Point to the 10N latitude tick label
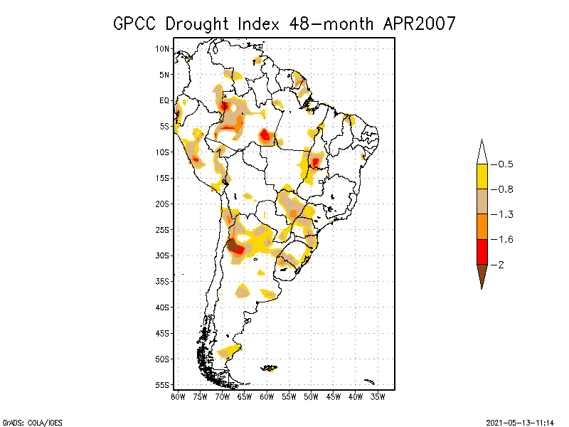click(x=162, y=48)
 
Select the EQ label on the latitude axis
click(x=164, y=100)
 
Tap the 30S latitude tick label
click(x=162, y=255)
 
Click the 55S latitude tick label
click(x=162, y=385)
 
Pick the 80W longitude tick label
click(x=178, y=396)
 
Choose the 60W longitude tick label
click(x=267, y=396)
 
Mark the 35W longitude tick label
click(x=378, y=396)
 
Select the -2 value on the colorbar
click(x=501, y=264)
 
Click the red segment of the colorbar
click(x=482, y=251)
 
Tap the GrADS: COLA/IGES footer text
click(x=26, y=421)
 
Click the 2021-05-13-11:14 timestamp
click(x=520, y=421)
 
